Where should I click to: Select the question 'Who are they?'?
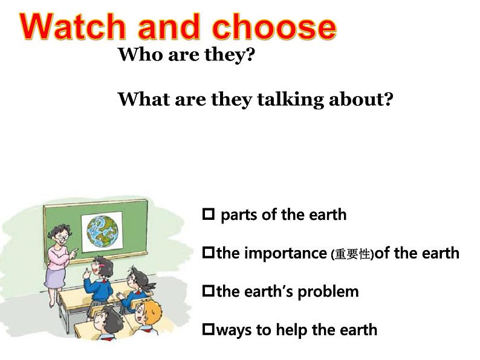(186, 56)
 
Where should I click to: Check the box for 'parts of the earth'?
(209, 214)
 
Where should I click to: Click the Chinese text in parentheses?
(352, 255)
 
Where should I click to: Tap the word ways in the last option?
(235, 330)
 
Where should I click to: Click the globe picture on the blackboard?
(105, 232)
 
